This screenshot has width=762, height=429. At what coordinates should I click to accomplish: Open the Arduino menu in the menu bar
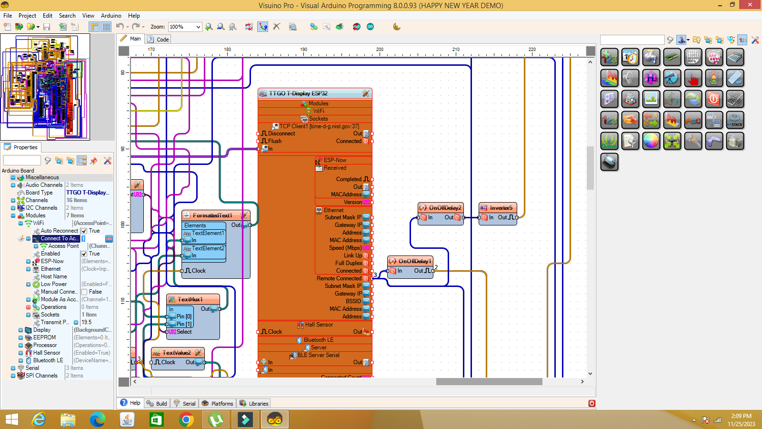pyautogui.click(x=111, y=16)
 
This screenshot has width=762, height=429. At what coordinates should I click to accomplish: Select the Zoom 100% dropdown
pyautogui.click(x=185, y=27)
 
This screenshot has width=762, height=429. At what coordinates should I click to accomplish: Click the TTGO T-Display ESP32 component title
pyautogui.click(x=298, y=93)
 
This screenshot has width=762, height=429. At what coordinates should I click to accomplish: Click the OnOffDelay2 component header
pyautogui.click(x=445, y=208)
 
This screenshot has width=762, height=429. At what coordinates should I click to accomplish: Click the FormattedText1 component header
pyautogui.click(x=212, y=215)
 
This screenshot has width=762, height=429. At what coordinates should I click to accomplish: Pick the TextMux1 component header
pyautogui.click(x=190, y=299)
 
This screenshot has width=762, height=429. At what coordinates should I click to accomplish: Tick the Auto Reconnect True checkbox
pyautogui.click(x=84, y=231)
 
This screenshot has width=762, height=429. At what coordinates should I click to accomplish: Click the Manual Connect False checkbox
pyautogui.click(x=84, y=292)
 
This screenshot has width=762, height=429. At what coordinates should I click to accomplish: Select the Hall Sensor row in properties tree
pyautogui.click(x=47, y=353)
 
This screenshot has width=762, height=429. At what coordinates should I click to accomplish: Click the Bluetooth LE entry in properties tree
pyautogui.click(x=48, y=360)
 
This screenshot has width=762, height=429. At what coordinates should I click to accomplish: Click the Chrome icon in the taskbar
pyautogui.click(x=186, y=419)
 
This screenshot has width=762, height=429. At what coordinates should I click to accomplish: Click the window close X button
pyautogui.click(x=751, y=5)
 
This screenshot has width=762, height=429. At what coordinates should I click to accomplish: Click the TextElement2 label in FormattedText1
pyautogui.click(x=208, y=248)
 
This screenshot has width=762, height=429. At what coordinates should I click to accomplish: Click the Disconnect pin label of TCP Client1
pyautogui.click(x=281, y=133)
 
